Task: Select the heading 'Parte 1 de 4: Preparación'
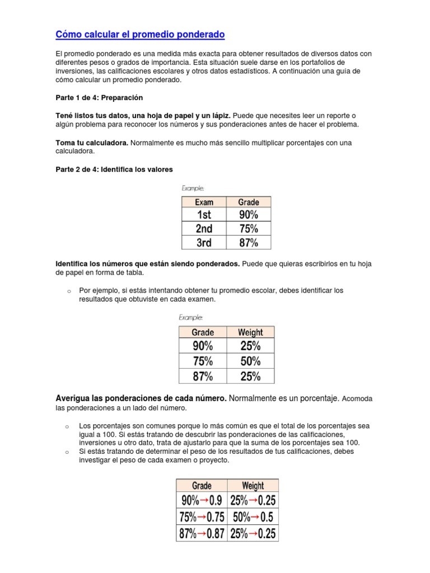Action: point(99,97)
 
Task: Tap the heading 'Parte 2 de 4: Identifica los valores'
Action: point(114,169)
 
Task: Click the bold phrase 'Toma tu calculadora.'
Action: point(92,143)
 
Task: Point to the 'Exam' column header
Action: point(204,202)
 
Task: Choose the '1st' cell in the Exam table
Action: point(204,215)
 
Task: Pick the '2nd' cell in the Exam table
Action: point(204,229)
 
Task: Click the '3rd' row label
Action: point(204,243)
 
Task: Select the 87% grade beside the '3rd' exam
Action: point(249,243)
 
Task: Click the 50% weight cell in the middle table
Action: point(250,361)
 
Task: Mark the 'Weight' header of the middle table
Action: point(250,332)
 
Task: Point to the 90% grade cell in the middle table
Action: point(203,346)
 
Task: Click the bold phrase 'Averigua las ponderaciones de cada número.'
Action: point(141,398)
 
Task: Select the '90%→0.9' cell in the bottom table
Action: point(202,500)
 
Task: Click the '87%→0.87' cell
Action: point(202,534)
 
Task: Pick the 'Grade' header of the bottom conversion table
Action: point(202,485)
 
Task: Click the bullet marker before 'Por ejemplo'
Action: point(68,292)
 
